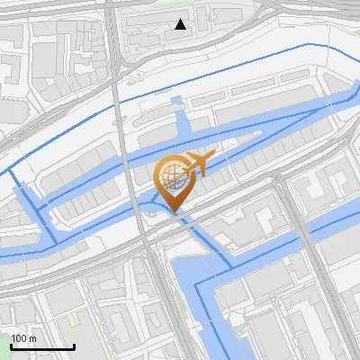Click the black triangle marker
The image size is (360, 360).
click(181, 24)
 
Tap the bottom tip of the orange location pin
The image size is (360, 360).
click(174, 212)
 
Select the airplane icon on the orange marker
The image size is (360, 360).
click(197, 164)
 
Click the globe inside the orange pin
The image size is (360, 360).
click(173, 178)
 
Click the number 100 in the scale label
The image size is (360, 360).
click(19, 338)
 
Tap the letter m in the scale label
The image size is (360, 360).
click(33, 338)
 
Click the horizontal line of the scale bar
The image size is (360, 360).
click(42, 347)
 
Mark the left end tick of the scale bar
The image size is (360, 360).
click(12, 346)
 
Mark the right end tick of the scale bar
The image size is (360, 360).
click(74, 346)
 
